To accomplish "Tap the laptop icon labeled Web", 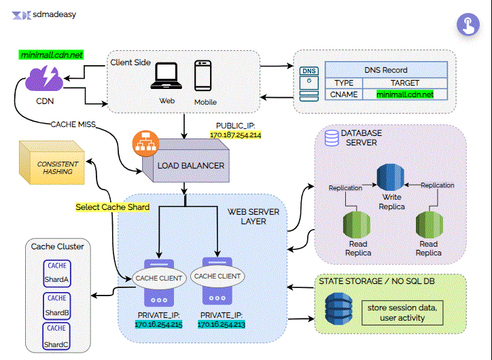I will tap(167, 77).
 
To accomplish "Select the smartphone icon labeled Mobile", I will tap(205, 77).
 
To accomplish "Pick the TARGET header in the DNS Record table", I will tap(406, 82).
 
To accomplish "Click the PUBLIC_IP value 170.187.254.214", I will tap(235, 136).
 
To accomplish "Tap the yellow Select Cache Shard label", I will tap(113, 206).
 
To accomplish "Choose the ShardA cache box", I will tap(57, 273).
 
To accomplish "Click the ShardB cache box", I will tap(57, 306).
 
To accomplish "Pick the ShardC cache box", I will tap(57, 338).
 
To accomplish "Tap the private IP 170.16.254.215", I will tap(159, 325).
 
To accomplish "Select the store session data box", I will tap(406, 312).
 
